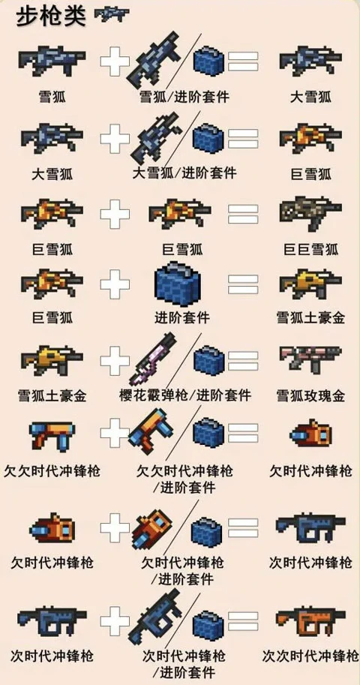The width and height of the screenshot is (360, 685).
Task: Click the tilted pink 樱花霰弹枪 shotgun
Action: coord(156,359)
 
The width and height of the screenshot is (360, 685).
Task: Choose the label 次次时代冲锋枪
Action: coord(310,655)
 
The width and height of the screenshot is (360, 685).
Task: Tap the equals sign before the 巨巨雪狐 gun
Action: coord(243,215)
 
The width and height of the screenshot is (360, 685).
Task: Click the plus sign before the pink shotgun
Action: coord(115,360)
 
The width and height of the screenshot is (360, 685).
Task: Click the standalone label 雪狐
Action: coord(50,97)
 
